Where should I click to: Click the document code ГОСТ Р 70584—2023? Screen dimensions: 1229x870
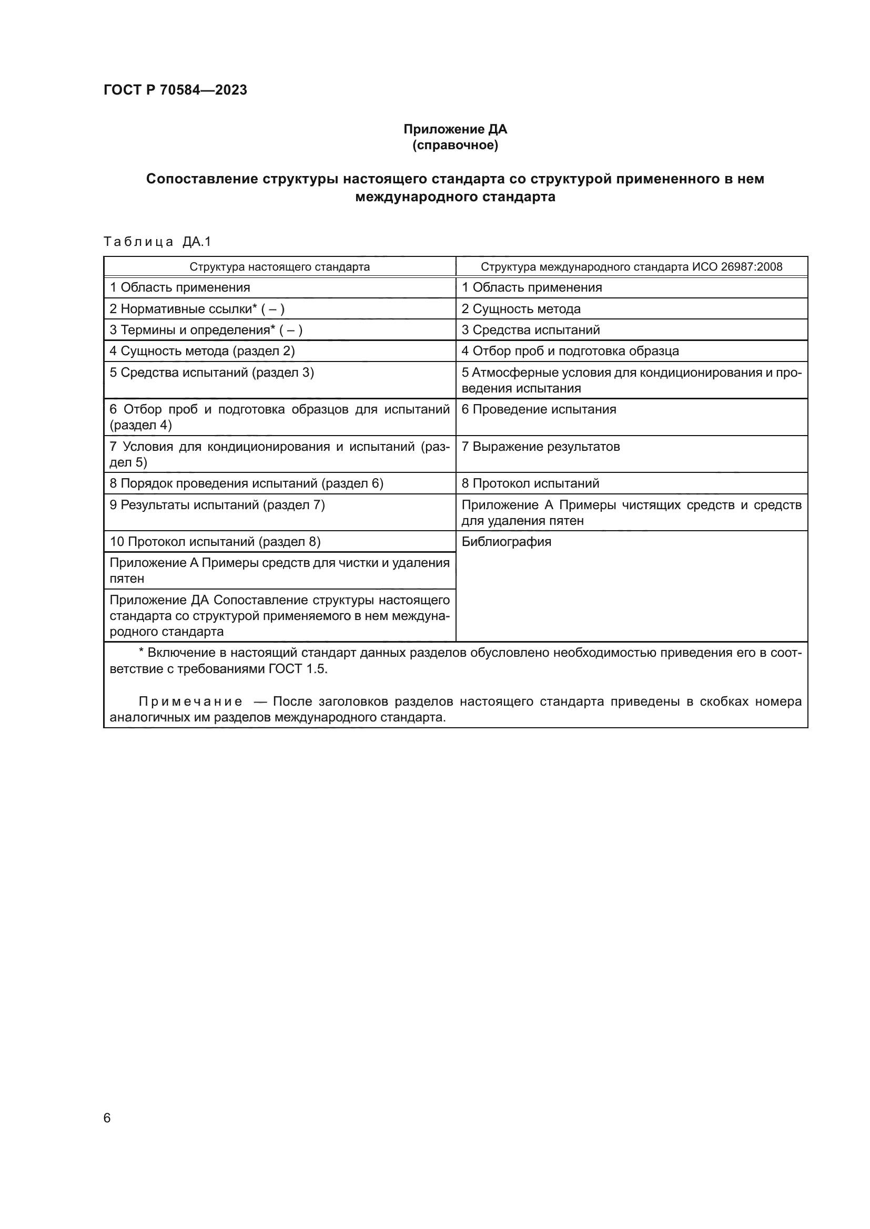tap(175, 90)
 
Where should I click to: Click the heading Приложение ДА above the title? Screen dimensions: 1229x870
tap(455, 129)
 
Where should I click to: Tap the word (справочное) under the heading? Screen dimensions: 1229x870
tap(455, 145)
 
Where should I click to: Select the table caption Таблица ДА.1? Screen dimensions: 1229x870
tap(157, 242)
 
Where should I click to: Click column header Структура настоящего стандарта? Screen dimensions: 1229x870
tap(279, 266)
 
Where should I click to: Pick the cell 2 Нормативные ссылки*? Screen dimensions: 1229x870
tap(197, 309)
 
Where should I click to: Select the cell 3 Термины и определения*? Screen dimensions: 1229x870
tap(206, 330)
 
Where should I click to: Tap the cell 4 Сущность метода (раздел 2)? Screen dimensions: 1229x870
tap(202, 351)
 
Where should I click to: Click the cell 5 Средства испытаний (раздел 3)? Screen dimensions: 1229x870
tap(211, 373)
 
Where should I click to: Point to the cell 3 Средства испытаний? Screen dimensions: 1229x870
tap(530, 330)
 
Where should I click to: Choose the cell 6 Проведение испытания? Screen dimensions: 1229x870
tap(539, 409)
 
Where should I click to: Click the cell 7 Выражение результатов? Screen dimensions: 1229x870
tap(541, 447)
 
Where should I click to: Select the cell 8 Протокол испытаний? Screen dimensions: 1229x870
tap(530, 483)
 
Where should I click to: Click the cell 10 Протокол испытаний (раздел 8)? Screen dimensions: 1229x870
tap(215, 542)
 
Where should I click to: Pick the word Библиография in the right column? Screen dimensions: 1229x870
tap(506, 542)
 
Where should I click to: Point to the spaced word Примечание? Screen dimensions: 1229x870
tap(190, 702)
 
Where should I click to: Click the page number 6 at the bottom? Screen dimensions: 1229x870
tap(107, 1118)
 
